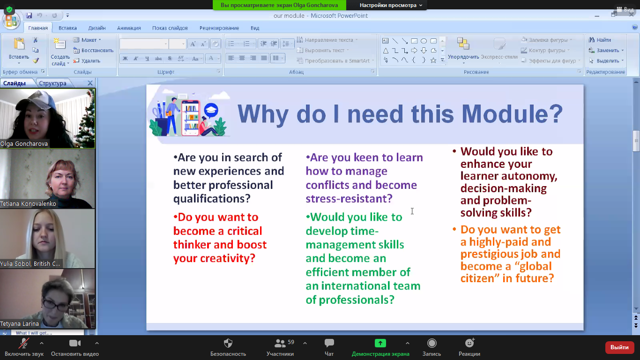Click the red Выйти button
tap(619, 347)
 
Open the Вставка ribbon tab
tap(67, 28)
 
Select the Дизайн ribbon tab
tap(97, 28)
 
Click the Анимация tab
tap(129, 28)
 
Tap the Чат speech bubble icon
tap(329, 343)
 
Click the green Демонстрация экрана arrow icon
tap(380, 343)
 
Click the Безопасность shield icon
tap(228, 343)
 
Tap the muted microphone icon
tap(24, 343)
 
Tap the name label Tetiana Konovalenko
tap(28, 203)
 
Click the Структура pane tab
tap(52, 83)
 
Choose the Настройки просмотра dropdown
tap(391, 5)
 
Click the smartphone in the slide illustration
tap(190, 118)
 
